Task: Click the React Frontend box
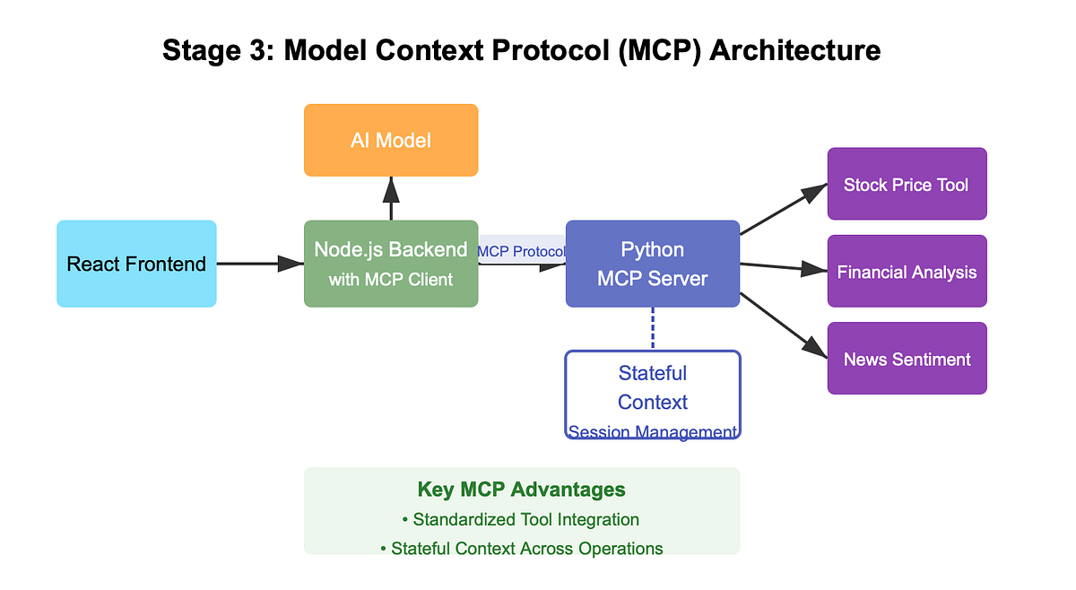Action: (x=136, y=264)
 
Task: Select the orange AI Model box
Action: (x=391, y=140)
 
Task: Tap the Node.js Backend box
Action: (x=391, y=264)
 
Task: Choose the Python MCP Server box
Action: (x=653, y=264)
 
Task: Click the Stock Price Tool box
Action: (x=907, y=184)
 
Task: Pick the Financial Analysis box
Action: (x=907, y=271)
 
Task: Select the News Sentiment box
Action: (x=907, y=359)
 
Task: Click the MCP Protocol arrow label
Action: (x=522, y=251)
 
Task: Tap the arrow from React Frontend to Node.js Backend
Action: (x=260, y=264)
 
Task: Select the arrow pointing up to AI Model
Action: (x=391, y=198)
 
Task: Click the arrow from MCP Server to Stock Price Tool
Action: (x=784, y=209)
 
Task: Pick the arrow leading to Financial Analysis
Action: (x=784, y=267)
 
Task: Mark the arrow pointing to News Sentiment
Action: (x=784, y=325)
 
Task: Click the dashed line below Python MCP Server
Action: (x=653, y=329)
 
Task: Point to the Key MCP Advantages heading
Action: (x=522, y=490)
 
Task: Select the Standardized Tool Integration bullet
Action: (x=521, y=519)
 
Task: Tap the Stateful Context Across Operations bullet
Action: (x=522, y=548)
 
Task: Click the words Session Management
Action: (x=653, y=431)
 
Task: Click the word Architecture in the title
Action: (x=795, y=50)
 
